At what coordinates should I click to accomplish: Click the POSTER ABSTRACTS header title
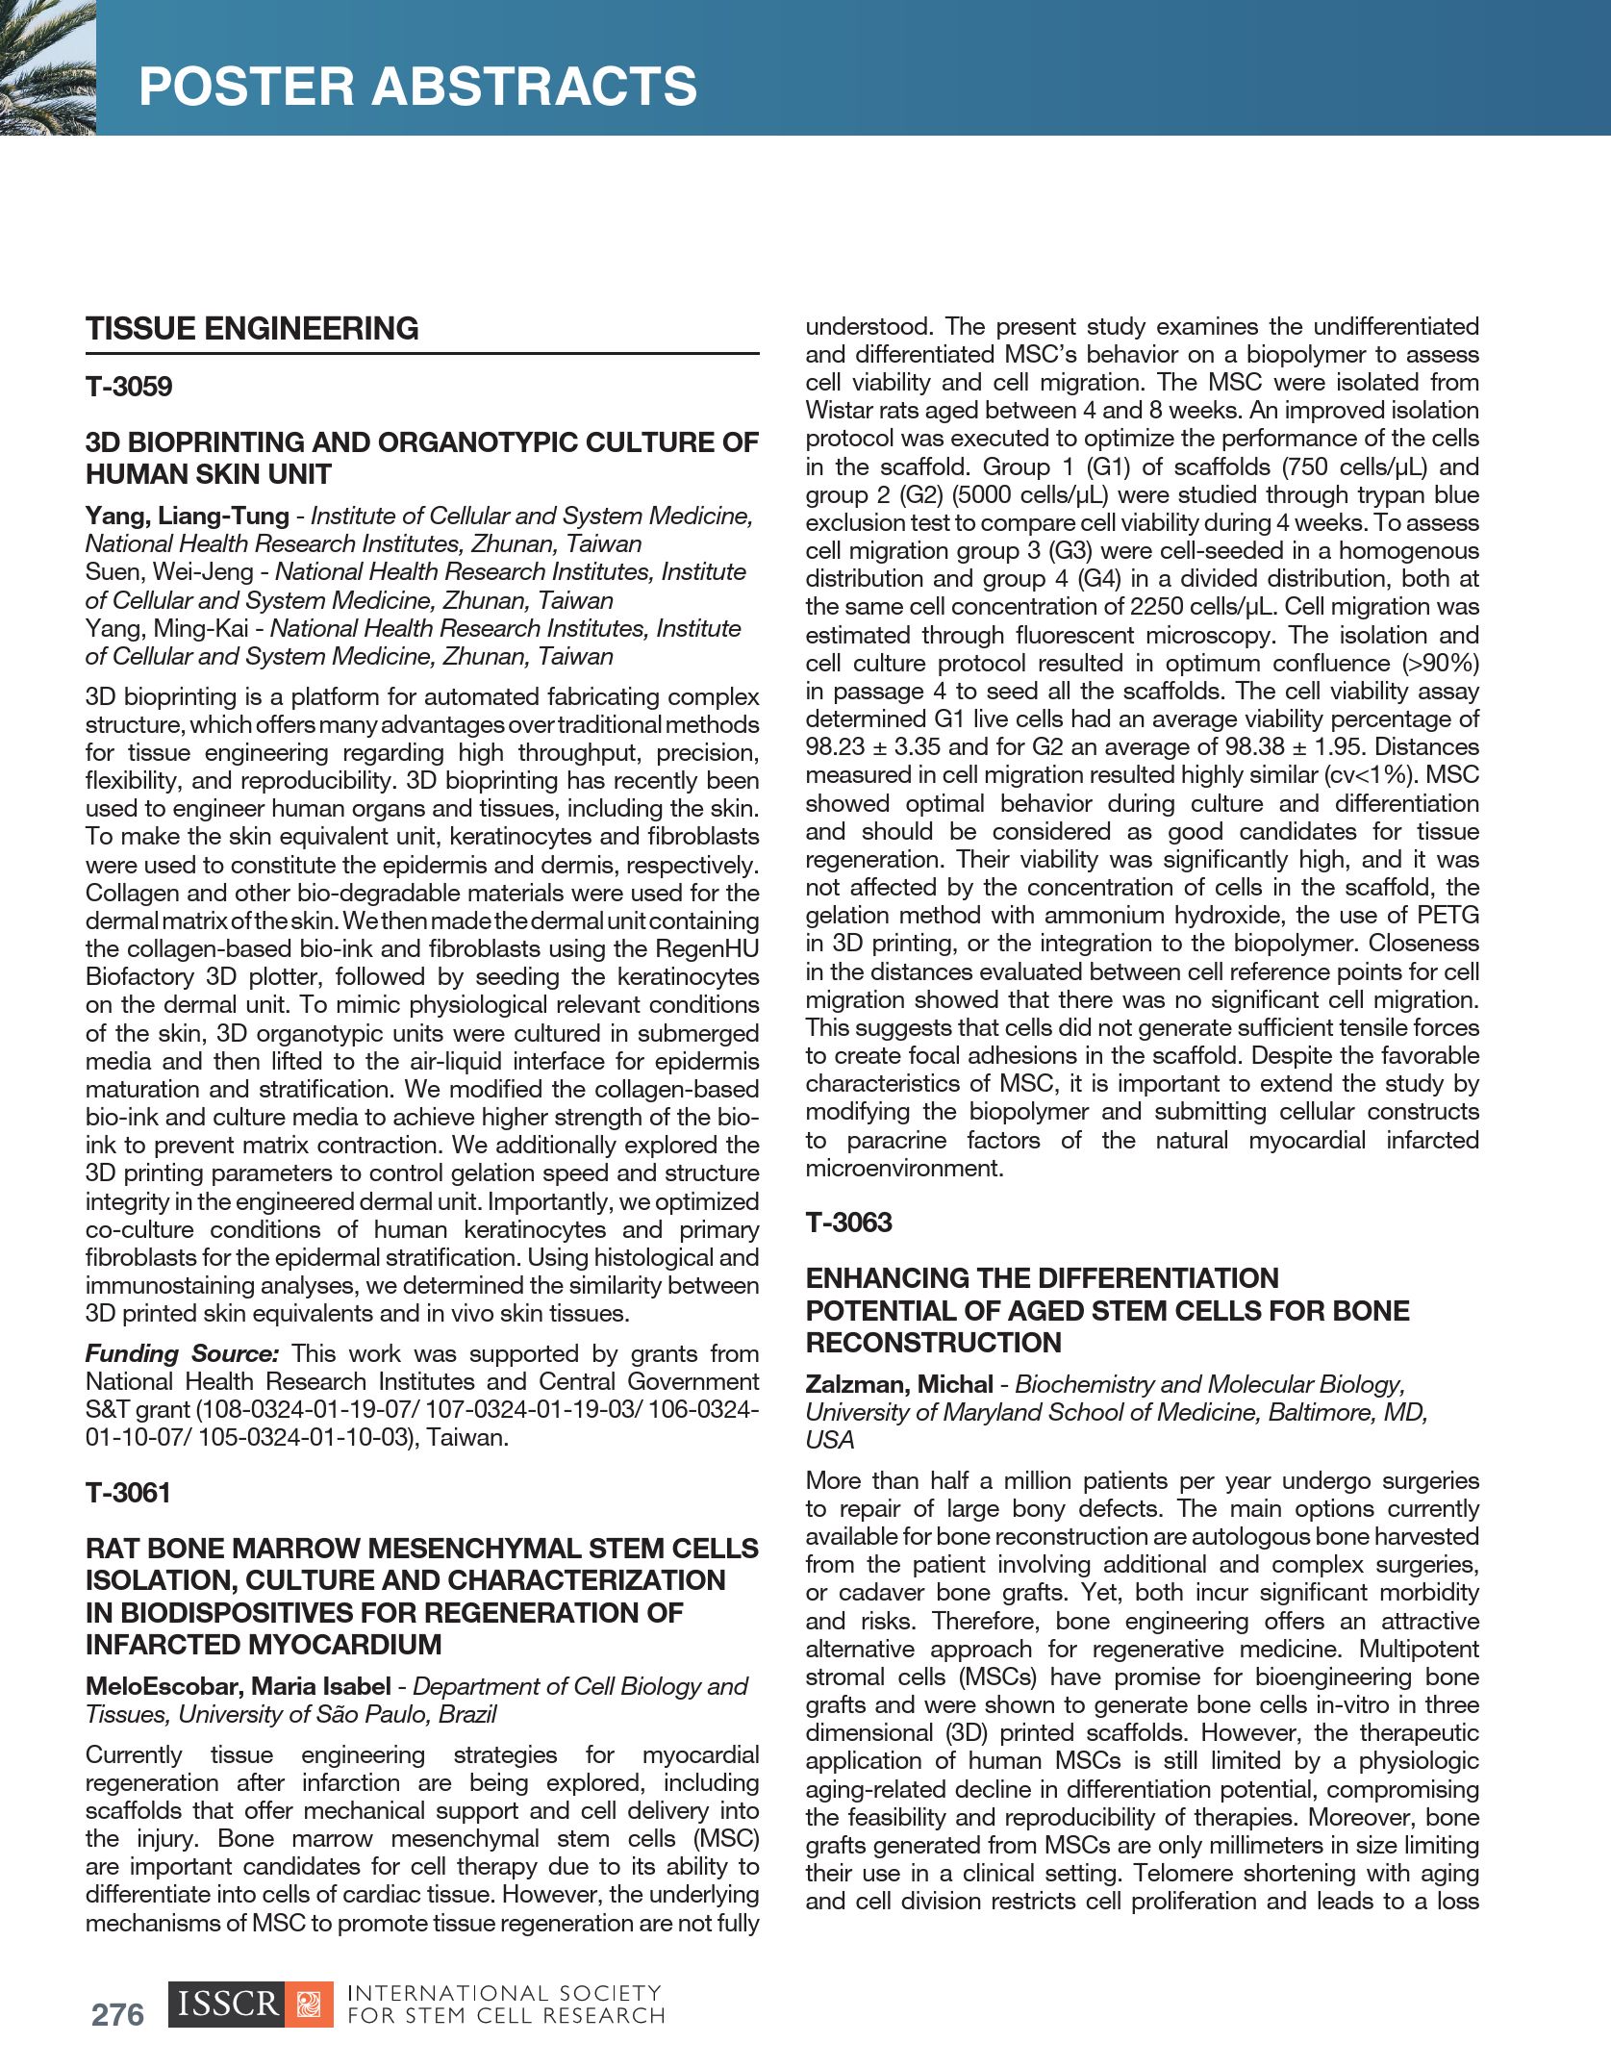click(x=417, y=86)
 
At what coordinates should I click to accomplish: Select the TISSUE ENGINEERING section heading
click(x=252, y=329)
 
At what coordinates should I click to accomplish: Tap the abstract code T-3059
click(x=129, y=387)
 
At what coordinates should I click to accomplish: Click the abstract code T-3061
click(x=128, y=1493)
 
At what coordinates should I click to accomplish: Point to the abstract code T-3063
click(x=848, y=1223)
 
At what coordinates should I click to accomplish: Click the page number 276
click(x=117, y=2014)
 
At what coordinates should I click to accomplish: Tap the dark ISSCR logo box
click(x=227, y=2005)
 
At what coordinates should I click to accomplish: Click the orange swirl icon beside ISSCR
click(x=309, y=2005)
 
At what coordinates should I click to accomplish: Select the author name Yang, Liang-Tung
click(x=187, y=516)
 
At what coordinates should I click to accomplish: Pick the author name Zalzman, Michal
click(x=898, y=1384)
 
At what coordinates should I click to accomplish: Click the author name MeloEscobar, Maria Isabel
click(x=238, y=1686)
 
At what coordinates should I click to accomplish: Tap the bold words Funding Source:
click(x=182, y=1353)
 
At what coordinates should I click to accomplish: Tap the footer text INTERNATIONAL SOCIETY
click(x=503, y=1993)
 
